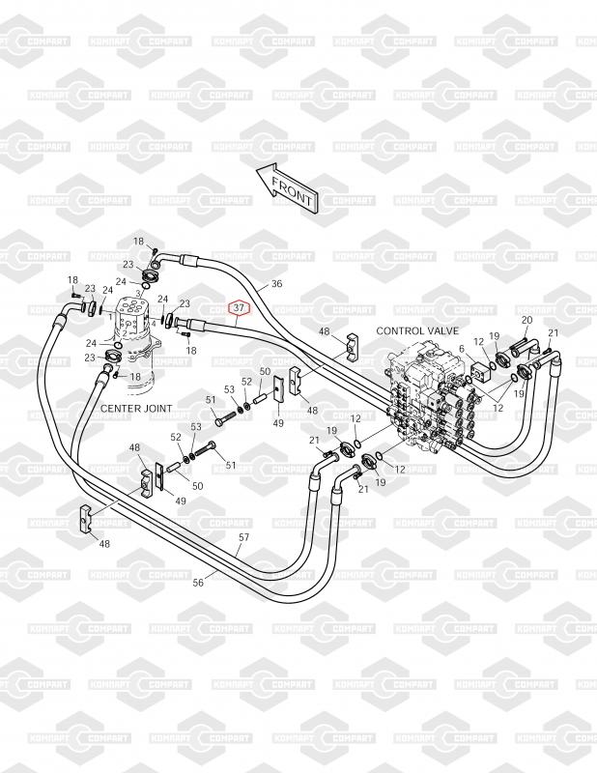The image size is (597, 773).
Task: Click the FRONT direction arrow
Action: point(286,186)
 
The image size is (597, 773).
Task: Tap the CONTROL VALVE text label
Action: point(417,330)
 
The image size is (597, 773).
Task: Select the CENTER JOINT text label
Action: point(136,409)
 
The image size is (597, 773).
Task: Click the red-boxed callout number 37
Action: point(239,308)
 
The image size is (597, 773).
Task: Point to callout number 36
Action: point(276,283)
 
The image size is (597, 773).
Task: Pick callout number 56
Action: point(198,584)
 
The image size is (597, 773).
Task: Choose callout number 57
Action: point(243,537)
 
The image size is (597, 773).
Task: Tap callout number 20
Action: point(526,320)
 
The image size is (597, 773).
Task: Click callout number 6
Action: point(462,349)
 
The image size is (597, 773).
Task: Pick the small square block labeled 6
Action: point(480,371)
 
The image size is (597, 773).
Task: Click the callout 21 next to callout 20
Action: point(553,333)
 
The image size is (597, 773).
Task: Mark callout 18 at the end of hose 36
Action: point(138,241)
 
